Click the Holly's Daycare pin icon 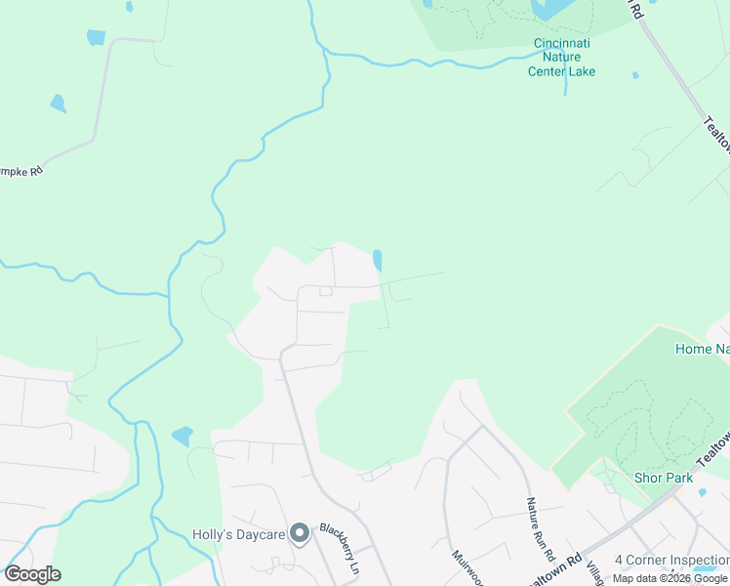300,532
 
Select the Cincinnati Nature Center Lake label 561,58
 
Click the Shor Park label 664,478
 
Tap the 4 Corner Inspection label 671,560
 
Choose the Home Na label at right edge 702,348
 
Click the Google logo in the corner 32,574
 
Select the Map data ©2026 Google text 669,578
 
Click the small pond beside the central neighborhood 377,260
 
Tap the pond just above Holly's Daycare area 182,436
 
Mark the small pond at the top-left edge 96,37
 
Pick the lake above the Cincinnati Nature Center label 550,9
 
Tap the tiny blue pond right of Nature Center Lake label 635,74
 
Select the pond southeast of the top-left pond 58,103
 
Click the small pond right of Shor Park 702,492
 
